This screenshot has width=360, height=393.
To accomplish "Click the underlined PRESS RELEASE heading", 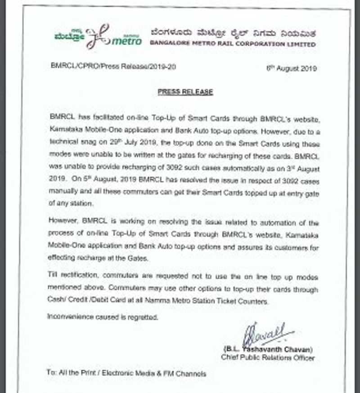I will coord(185,92).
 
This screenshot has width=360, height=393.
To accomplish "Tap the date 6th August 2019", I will coord(291,68).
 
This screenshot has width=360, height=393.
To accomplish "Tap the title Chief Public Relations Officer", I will coord(268,358).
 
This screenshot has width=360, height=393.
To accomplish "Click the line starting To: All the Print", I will coord(126,373).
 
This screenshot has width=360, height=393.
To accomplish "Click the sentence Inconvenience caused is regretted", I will coord(103,317).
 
